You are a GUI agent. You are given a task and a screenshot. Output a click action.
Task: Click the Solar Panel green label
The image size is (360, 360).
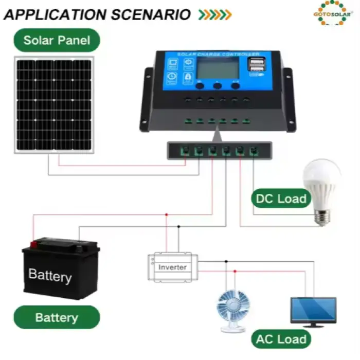[x=57, y=40]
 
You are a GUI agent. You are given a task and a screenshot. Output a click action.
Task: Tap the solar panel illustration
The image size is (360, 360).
[x=54, y=105]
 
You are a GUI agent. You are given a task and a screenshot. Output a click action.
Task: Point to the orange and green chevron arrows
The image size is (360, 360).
[x=215, y=15]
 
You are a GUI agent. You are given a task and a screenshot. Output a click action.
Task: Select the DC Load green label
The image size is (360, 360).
[x=280, y=199]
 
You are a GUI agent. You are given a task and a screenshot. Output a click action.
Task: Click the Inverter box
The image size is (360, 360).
[x=172, y=267]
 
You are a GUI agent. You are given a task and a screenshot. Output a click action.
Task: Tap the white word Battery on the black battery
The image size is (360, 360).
[x=50, y=275]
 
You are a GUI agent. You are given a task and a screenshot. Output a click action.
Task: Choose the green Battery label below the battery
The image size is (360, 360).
[x=57, y=317]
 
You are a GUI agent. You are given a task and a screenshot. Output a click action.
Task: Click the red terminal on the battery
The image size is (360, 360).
[x=34, y=243]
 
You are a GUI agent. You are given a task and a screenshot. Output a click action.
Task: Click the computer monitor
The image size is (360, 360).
[x=313, y=310]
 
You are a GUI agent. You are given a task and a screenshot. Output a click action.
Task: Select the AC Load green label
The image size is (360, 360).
[x=281, y=339]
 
